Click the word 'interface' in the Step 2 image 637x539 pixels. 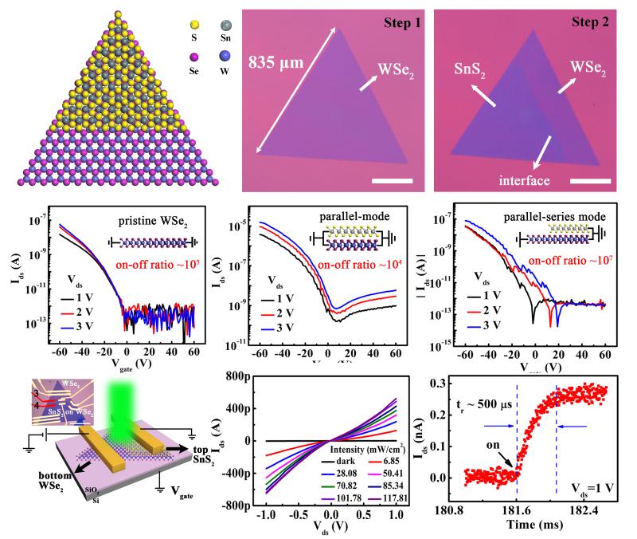[x=518, y=180]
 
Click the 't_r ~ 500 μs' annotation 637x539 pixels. [x=486, y=391]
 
